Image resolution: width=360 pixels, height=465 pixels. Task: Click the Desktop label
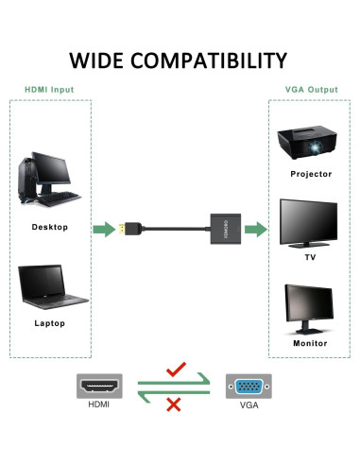[50, 227]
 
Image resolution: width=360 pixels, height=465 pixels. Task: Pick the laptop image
[48, 288]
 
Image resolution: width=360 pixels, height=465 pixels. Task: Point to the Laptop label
[49, 324]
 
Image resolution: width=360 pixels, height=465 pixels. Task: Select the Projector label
[311, 174]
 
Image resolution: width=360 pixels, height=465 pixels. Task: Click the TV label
[311, 257]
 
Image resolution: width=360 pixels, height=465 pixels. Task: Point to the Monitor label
[311, 344]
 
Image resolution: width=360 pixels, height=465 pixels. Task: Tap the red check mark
[175, 371]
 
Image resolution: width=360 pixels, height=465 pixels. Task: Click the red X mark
[174, 405]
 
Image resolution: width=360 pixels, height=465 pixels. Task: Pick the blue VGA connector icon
[249, 387]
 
